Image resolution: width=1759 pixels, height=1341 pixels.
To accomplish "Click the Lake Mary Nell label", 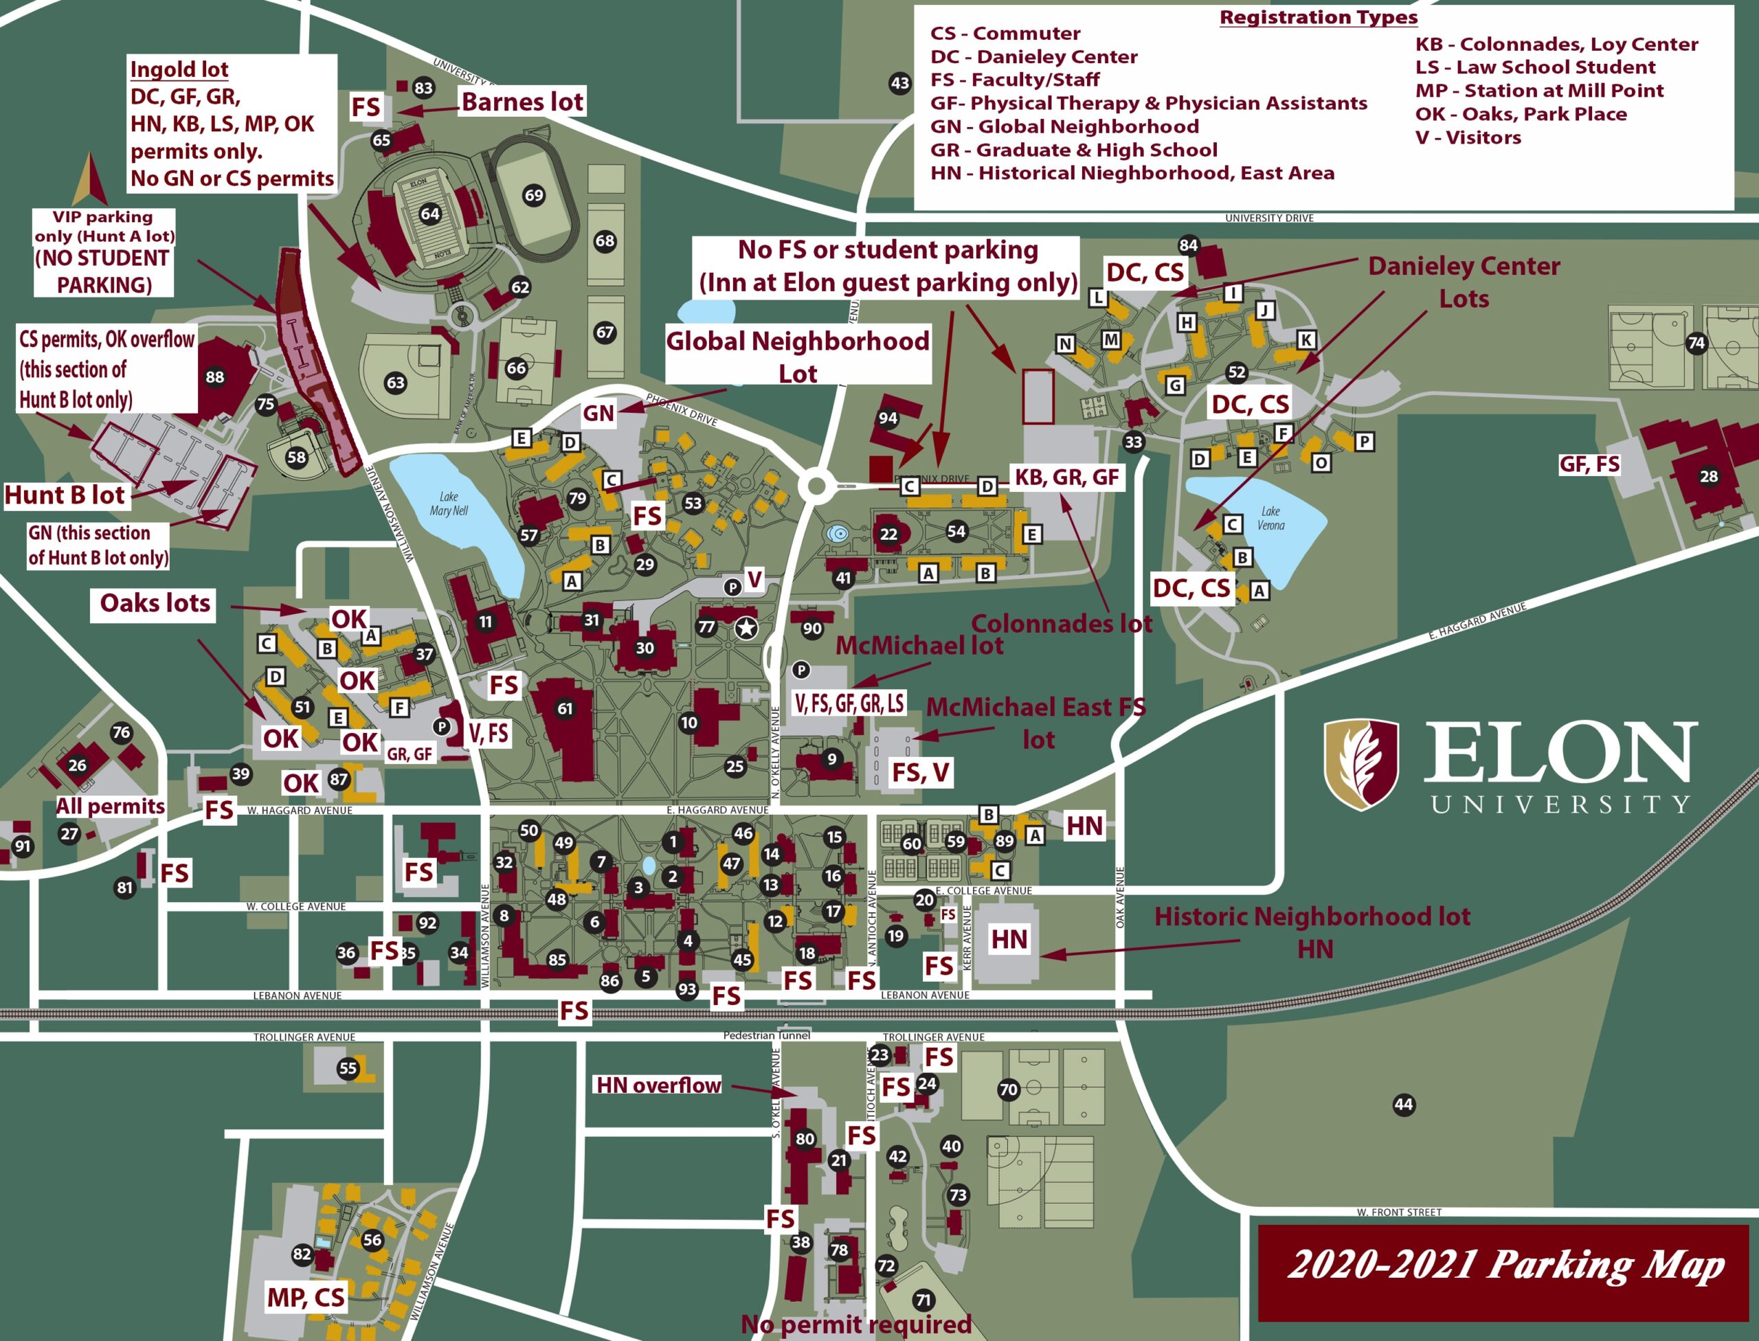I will click(x=449, y=503).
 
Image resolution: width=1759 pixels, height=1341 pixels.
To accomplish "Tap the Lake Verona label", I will click(x=1271, y=518).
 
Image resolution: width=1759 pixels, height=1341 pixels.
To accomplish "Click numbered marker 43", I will click(x=900, y=83).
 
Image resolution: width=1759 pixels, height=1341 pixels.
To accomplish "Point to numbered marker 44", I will click(x=1403, y=1105).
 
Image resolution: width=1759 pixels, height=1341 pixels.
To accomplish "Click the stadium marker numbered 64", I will click(x=429, y=213).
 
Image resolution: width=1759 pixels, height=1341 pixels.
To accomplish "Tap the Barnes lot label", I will click(x=522, y=102).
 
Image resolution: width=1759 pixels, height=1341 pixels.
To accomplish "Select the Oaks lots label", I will click(x=155, y=602).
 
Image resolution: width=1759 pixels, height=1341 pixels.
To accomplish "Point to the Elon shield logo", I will click(x=1361, y=764).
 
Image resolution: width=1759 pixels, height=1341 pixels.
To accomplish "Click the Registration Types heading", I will click(x=1319, y=18).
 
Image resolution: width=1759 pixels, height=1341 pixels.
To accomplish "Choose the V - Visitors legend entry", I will click(x=1468, y=137).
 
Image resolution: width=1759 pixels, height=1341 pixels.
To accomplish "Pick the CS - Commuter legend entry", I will click(x=1005, y=34).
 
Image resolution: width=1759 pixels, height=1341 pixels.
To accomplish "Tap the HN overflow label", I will click(x=659, y=1085).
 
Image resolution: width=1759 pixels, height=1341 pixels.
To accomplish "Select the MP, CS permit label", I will click(x=306, y=1297).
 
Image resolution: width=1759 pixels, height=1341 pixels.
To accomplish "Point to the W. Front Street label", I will click(x=1399, y=1212).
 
